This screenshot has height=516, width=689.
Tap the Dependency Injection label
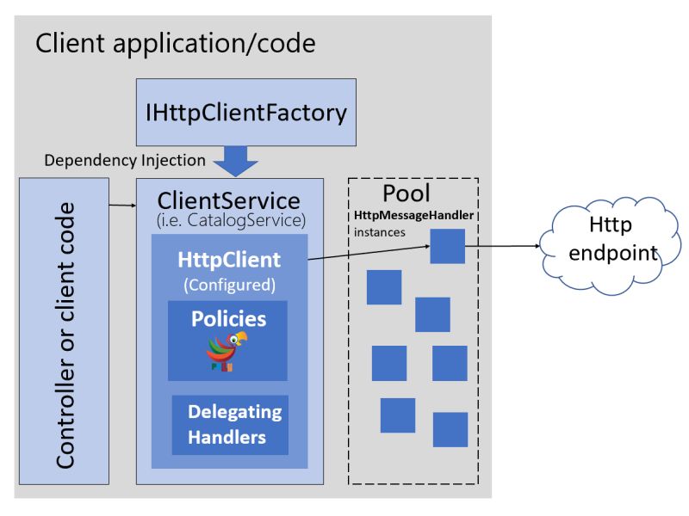(125, 160)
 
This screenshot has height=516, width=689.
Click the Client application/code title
(175, 43)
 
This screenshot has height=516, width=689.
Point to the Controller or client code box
(64, 330)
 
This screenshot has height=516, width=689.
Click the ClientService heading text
(228, 201)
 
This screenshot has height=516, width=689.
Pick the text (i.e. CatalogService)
(228, 221)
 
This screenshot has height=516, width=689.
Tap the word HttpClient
(229, 259)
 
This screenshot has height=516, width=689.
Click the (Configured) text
(229, 283)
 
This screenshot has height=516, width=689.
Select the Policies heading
(228, 318)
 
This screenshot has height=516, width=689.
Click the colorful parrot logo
(227, 351)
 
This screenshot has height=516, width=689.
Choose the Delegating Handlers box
(229, 424)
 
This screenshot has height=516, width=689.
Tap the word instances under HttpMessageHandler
(380, 232)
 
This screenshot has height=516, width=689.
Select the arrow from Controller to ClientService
(122, 206)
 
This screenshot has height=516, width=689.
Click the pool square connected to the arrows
(448, 246)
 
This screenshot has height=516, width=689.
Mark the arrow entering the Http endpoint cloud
(508, 246)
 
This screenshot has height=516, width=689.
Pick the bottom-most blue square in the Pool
(450, 429)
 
